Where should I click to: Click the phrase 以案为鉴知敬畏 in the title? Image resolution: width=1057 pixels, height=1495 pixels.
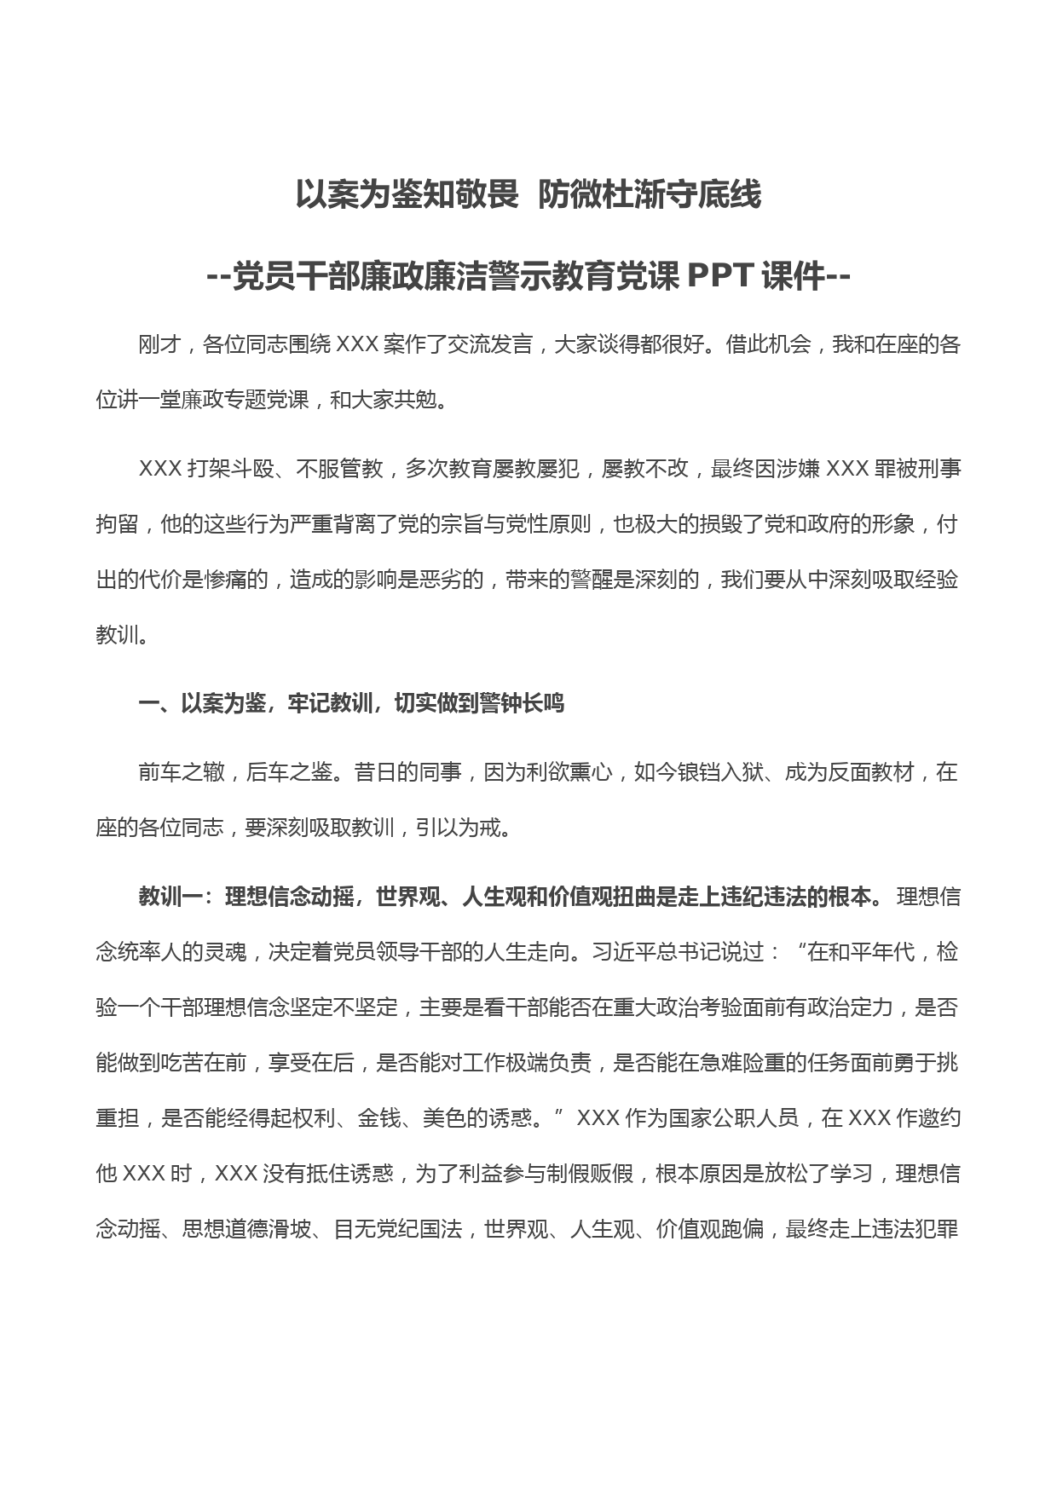pos(407,195)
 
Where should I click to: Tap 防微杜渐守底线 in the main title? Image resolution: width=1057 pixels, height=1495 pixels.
pos(650,195)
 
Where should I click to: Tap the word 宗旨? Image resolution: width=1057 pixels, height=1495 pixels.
pos(484,524)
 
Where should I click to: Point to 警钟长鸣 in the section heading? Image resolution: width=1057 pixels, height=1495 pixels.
pos(522,704)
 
